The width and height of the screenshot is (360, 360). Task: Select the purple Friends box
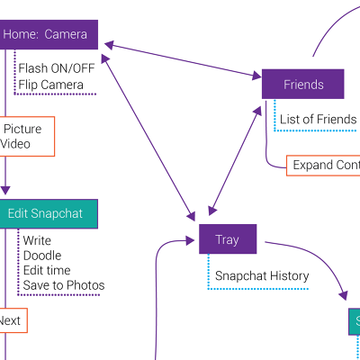pyautogui.click(x=302, y=85)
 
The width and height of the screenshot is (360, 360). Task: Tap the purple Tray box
pyautogui.click(x=228, y=239)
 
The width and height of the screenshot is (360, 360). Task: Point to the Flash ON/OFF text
pyautogui.click(x=56, y=68)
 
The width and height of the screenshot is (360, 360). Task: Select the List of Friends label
pyautogui.click(x=318, y=119)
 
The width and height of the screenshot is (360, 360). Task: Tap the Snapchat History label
pyautogui.click(x=262, y=276)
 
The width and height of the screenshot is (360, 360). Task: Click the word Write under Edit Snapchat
pyautogui.click(x=37, y=241)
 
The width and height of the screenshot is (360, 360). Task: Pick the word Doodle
pyautogui.click(x=42, y=256)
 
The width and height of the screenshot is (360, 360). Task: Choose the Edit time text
pyautogui.click(x=47, y=270)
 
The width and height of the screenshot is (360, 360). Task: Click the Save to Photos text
pyautogui.click(x=63, y=285)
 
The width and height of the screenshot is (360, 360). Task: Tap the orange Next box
pyautogui.click(x=11, y=320)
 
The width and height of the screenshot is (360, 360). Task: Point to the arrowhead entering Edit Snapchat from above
pyautogui.click(x=5, y=191)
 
